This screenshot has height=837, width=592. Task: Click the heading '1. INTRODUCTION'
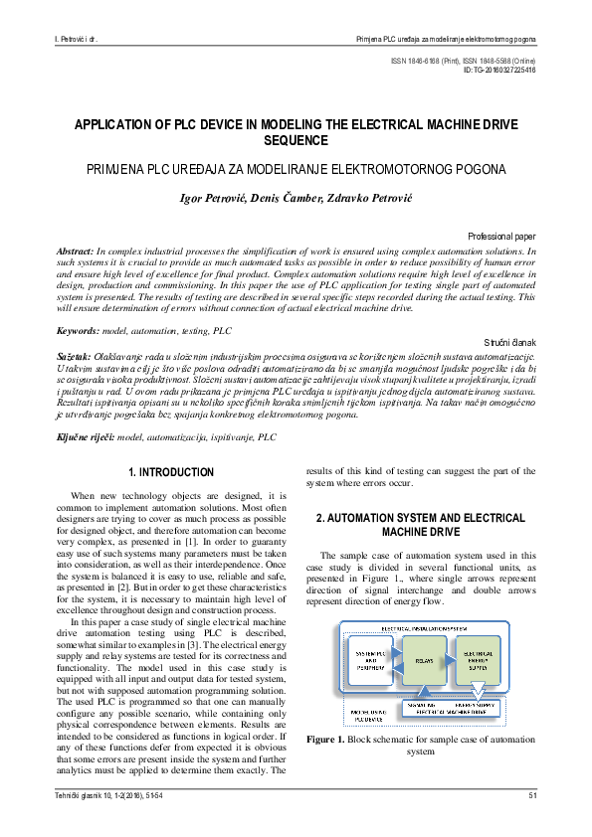pyautogui.click(x=171, y=472)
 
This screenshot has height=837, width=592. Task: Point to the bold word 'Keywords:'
pyautogui.click(x=79, y=329)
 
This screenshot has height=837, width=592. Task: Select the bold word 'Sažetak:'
pyautogui.click(x=74, y=355)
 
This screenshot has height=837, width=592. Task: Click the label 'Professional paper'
pyautogui.click(x=501, y=238)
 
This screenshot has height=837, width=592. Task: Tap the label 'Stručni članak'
pyautogui.click(x=510, y=341)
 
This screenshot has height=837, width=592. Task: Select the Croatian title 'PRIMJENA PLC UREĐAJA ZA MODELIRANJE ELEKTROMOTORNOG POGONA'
pyautogui.click(x=296, y=169)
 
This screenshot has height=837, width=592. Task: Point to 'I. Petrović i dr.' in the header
pyautogui.click(x=81, y=40)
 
